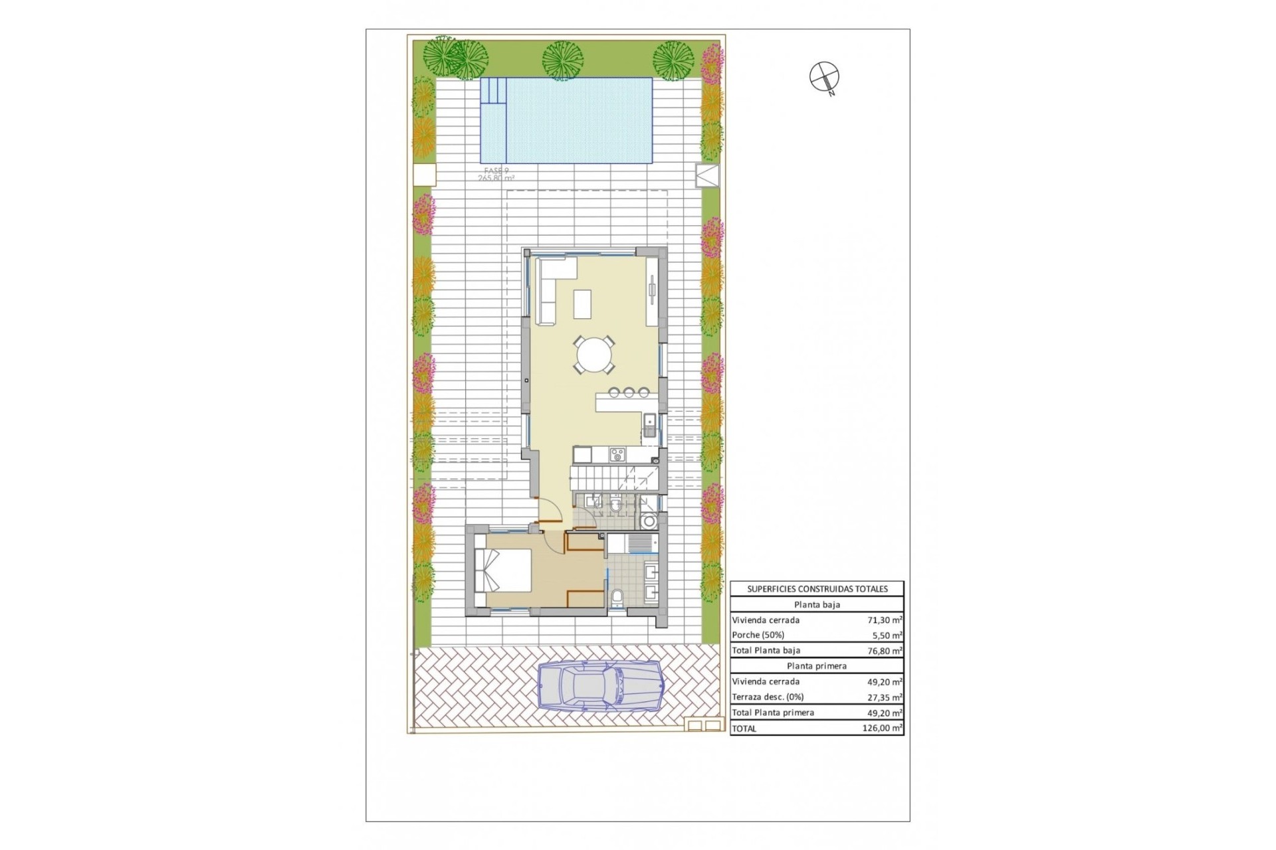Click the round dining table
pyautogui.click(x=595, y=355)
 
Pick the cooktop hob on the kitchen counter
pyautogui.click(x=617, y=455)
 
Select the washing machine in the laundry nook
pyautogui.click(x=648, y=522)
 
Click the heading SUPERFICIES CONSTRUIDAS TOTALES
pyautogui.click(x=817, y=589)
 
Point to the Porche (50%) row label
pyautogui.click(x=758, y=636)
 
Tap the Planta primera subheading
pyautogui.click(x=817, y=666)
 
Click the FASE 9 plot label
pyautogui.click(x=496, y=171)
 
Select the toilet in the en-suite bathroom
pyautogui.click(x=616, y=598)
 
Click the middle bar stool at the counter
pyautogui.click(x=629, y=392)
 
